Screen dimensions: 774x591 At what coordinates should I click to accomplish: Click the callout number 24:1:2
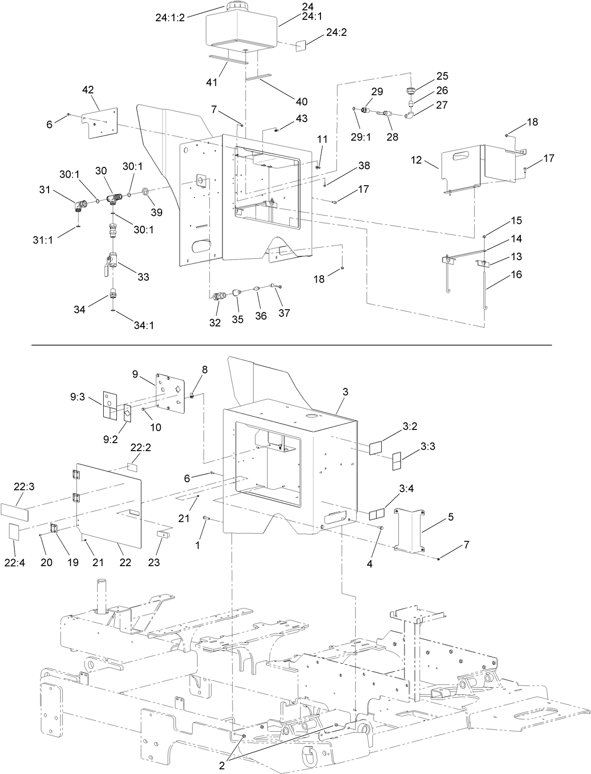(x=170, y=17)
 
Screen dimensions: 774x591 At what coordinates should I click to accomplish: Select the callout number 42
(x=88, y=90)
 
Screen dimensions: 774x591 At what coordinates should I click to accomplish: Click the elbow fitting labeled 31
(x=79, y=206)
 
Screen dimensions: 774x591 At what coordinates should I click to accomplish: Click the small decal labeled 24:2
(x=301, y=45)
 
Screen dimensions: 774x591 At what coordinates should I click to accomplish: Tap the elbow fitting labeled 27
(x=410, y=114)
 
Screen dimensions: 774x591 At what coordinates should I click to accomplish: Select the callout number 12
(x=416, y=160)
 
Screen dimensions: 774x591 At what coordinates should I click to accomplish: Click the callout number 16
(x=517, y=274)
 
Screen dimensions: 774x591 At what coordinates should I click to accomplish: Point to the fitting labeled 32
(x=217, y=297)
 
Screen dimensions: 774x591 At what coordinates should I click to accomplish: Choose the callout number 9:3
(x=77, y=397)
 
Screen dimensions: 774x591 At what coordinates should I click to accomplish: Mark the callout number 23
(x=154, y=562)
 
